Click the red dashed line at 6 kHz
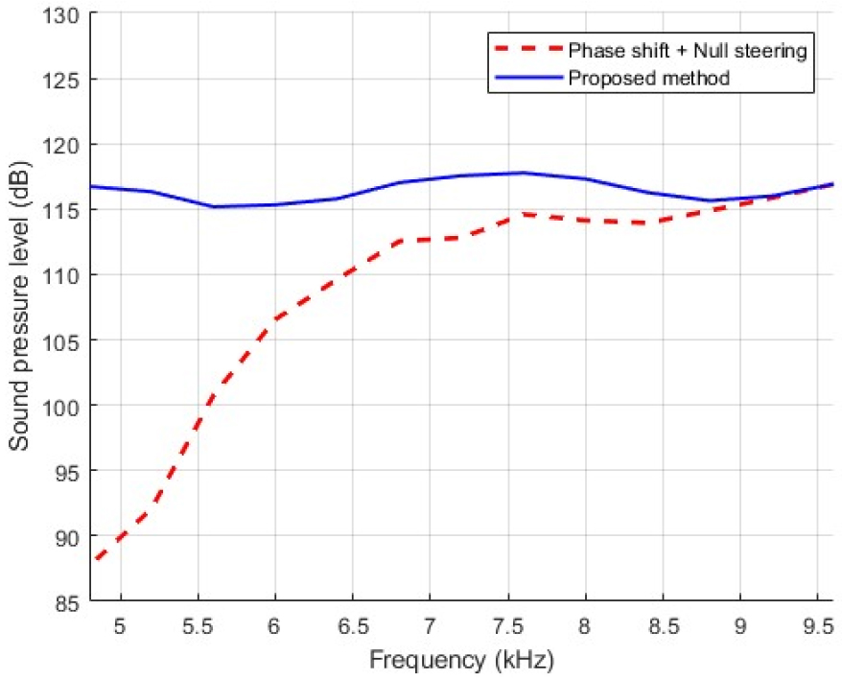click(275, 318)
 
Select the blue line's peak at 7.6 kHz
click(523, 173)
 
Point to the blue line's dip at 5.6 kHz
click(213, 206)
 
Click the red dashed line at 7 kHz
click(430, 240)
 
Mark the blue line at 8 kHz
click(584, 178)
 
